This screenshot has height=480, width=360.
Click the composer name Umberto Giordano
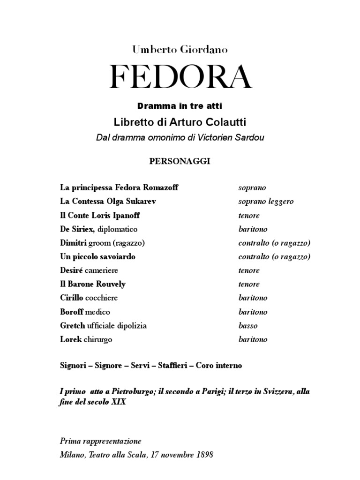[x=180, y=48]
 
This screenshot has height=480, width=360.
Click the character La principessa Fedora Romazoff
[x=112, y=187]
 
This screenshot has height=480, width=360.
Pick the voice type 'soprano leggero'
[x=266, y=202]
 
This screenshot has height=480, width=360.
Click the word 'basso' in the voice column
[x=248, y=325]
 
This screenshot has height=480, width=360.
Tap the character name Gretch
[x=73, y=325]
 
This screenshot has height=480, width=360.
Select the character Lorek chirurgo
[x=86, y=339]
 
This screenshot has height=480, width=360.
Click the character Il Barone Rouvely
[x=93, y=284]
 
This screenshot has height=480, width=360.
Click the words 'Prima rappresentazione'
[x=100, y=441]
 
